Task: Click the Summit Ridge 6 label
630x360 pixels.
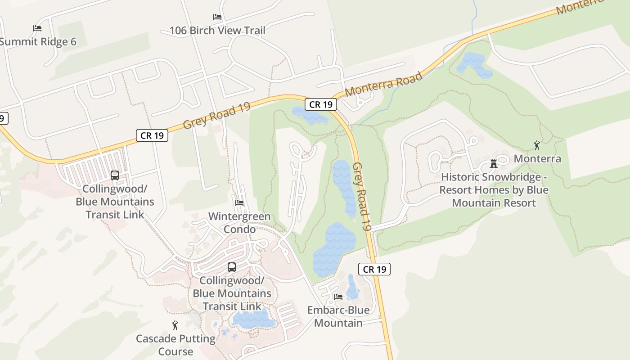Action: tap(38, 42)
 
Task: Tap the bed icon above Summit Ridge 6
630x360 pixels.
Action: tap(37, 28)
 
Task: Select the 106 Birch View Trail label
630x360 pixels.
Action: tap(217, 31)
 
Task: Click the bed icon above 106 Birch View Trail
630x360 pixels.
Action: tap(217, 17)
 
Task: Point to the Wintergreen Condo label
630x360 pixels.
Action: tap(239, 223)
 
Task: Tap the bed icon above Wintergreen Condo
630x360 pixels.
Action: tap(239, 203)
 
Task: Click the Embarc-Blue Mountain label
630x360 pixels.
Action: tap(338, 316)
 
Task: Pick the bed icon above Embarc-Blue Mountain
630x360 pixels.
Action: tap(338, 297)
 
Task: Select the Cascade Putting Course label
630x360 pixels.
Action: tap(176, 345)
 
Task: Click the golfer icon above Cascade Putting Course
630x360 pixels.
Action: tap(175, 325)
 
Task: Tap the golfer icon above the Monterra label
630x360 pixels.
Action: tap(536, 145)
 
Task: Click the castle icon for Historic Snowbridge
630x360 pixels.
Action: tap(494, 164)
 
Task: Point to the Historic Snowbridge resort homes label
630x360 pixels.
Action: tap(494, 190)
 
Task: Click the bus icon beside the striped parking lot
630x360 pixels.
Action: tap(115, 175)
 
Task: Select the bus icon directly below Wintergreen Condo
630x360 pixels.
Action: tap(232, 267)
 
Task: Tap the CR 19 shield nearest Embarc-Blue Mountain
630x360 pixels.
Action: tap(374, 270)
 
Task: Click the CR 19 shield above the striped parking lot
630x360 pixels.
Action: tap(152, 135)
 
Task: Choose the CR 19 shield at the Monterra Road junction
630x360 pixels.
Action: tap(321, 104)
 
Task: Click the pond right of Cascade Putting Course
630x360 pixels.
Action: tap(253, 319)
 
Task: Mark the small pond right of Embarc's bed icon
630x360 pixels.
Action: tap(353, 288)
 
